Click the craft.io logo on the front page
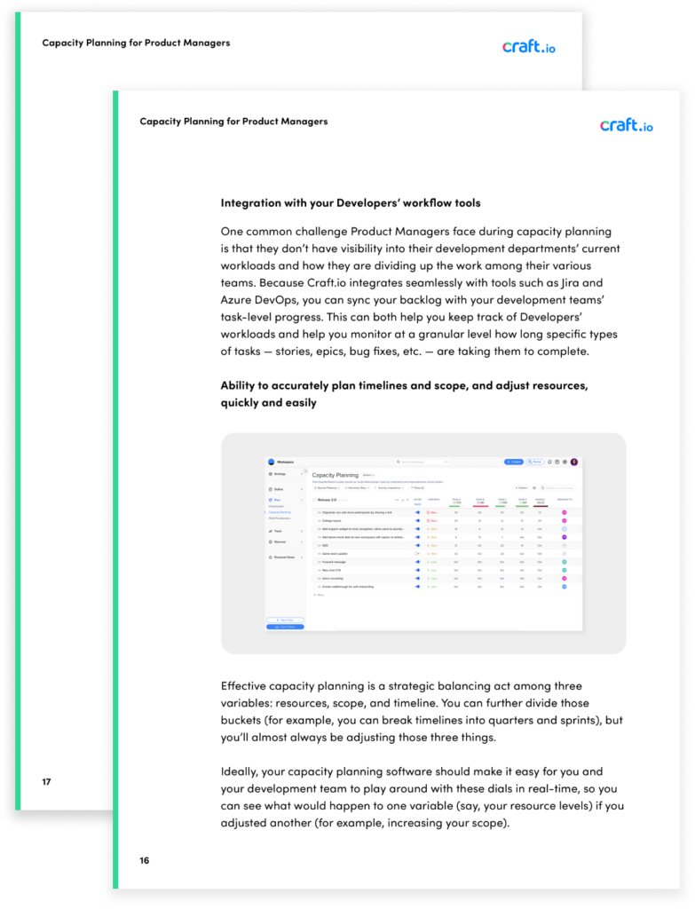point(626,124)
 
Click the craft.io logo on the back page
point(528,46)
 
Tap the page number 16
point(145,860)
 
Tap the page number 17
point(46,782)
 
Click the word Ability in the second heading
point(241,386)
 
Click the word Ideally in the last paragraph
point(243,771)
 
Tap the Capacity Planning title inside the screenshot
point(336,475)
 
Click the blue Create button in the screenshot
point(514,462)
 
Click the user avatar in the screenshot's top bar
point(574,462)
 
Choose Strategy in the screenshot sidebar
point(280,474)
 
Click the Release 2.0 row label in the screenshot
point(328,500)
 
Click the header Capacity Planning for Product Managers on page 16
point(233,122)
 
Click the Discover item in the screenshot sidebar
point(280,541)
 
